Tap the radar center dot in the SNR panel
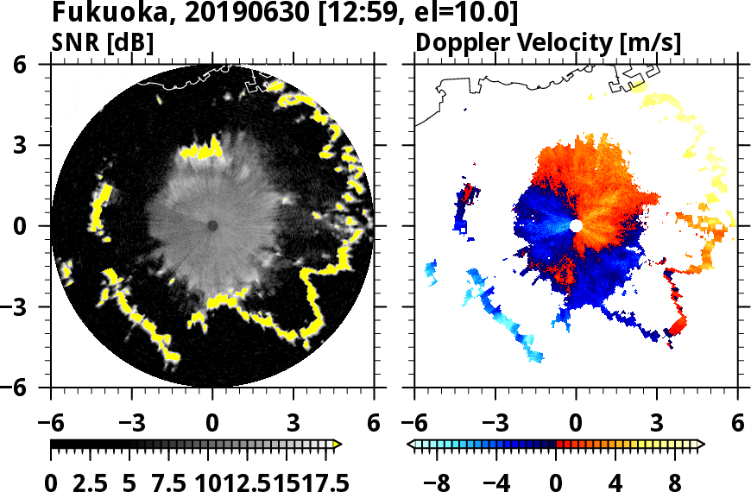(x=212, y=225)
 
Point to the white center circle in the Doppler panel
(x=576, y=225)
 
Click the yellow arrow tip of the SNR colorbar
(x=338, y=445)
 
